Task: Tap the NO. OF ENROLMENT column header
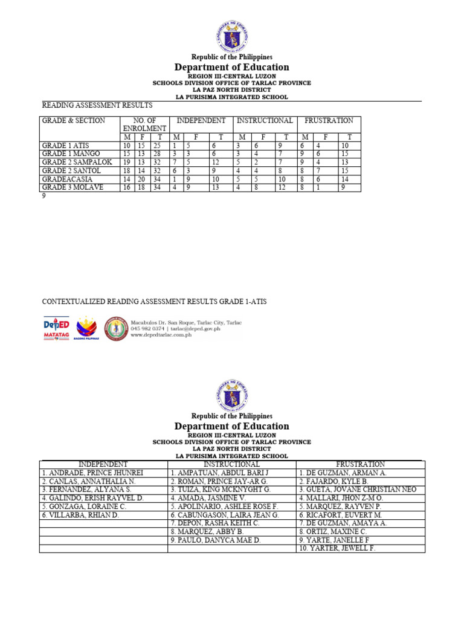click(144, 125)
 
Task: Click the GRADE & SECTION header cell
click(73, 121)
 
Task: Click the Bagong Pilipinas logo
click(85, 328)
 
